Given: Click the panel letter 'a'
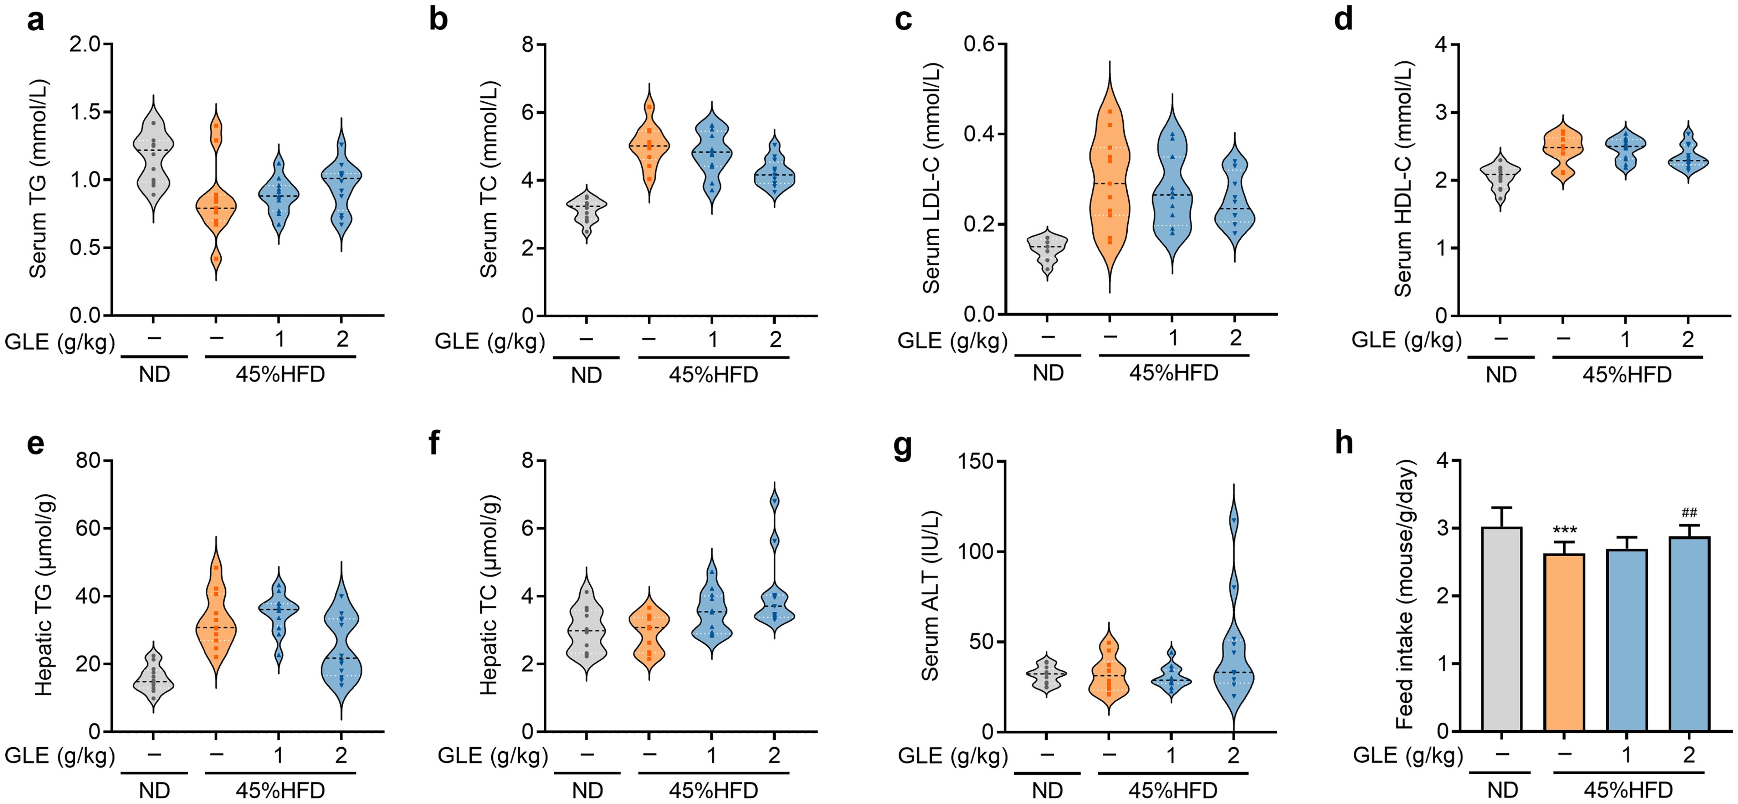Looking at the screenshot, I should click(x=35, y=20).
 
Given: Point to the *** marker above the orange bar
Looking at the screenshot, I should click(x=1564, y=530).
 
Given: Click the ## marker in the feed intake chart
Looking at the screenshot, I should click(x=1689, y=513).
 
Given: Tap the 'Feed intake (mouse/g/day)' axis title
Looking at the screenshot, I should click(x=1405, y=595).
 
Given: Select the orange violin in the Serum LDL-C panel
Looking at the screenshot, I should click(x=1110, y=189).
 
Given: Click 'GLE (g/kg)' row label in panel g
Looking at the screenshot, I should click(x=952, y=756).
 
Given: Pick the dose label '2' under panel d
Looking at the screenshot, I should click(x=1687, y=339).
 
